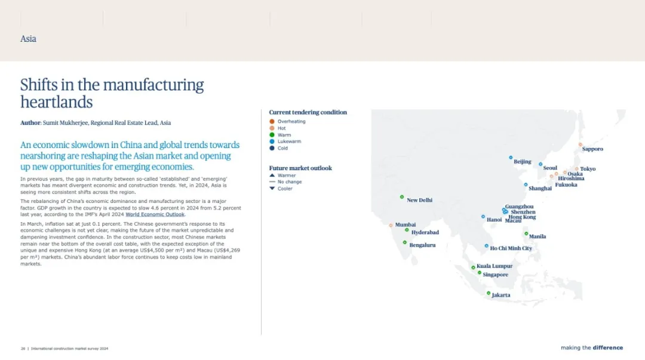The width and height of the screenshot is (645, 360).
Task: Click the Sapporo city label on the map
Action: (x=592, y=149)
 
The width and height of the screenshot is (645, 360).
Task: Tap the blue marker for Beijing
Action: (x=511, y=158)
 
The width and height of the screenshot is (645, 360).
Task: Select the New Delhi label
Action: (x=420, y=200)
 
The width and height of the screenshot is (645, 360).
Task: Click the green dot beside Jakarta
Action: (x=489, y=293)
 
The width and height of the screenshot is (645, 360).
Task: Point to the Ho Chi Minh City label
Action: (x=511, y=248)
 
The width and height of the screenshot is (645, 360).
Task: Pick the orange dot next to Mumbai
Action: (x=391, y=226)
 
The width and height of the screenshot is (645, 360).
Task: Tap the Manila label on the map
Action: (x=537, y=236)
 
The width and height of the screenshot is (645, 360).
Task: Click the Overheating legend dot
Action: (x=272, y=121)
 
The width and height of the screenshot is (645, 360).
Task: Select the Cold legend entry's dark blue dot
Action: (x=272, y=148)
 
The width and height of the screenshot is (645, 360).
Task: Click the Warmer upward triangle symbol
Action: (x=272, y=176)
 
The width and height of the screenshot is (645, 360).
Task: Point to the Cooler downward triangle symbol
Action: (x=272, y=189)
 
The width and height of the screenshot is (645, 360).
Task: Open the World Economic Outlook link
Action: (x=155, y=214)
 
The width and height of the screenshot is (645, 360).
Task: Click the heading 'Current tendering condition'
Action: (x=308, y=112)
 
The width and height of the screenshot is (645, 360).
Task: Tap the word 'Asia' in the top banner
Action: (x=29, y=39)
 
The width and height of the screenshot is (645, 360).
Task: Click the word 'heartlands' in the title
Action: (x=57, y=102)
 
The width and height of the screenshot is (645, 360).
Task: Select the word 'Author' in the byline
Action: (x=30, y=122)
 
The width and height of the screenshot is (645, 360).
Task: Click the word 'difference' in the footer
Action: (x=608, y=347)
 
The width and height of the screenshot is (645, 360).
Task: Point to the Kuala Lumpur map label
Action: (x=494, y=266)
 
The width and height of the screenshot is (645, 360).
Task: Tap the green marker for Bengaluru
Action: (x=405, y=243)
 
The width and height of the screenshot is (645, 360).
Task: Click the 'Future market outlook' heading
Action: (x=300, y=168)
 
